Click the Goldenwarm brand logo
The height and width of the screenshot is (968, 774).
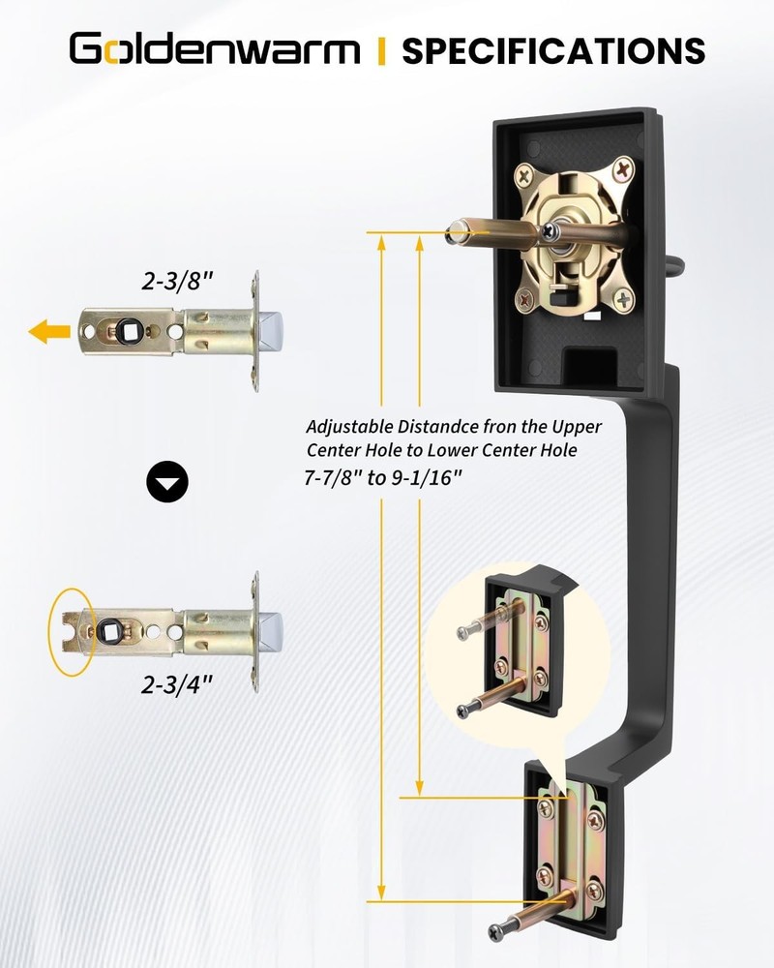[214, 49]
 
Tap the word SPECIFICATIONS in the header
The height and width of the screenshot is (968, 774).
[553, 50]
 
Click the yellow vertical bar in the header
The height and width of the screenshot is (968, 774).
[381, 50]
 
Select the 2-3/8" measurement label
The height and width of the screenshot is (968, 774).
[177, 282]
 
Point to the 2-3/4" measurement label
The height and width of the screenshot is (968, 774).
[177, 684]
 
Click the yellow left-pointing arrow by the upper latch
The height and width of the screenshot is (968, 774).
[49, 331]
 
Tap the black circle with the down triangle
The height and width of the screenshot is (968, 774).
[167, 481]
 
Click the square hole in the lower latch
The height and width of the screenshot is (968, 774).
[108, 631]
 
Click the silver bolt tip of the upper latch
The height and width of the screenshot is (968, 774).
[271, 331]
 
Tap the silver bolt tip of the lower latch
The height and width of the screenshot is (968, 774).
[271, 631]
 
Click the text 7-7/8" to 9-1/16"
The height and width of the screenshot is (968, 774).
[383, 478]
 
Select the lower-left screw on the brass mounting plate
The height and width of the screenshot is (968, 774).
[525, 301]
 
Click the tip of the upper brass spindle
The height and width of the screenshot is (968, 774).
[454, 233]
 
